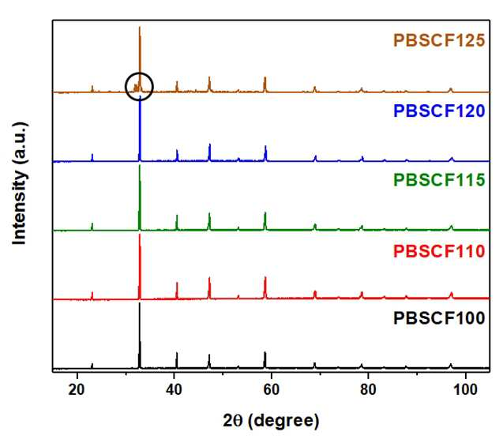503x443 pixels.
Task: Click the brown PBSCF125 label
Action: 439,40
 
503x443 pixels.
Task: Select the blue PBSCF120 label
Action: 439,111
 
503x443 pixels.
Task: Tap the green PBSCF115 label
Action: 439,179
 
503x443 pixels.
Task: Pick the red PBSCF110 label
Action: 439,251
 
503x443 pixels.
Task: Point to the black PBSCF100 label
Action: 439,318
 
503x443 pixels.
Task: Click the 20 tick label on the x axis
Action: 77,390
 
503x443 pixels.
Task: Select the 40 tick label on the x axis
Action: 174,390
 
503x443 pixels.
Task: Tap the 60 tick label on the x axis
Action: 272,390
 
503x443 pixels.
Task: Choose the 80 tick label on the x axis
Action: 368,390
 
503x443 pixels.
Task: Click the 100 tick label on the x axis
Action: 465,390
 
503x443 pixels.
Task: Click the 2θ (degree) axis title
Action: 271,421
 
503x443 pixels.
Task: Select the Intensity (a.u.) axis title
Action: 19,183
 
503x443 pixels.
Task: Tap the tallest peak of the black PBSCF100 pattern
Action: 140,303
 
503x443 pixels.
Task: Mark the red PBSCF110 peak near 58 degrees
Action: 265,277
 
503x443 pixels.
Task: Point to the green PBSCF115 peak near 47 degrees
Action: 209,214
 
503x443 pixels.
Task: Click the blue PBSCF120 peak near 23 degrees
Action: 92,155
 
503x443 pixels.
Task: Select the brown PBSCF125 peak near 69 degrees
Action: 315,87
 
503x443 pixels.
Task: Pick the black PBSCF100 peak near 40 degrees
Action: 177,353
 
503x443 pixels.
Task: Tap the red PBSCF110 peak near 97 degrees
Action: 452,293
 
